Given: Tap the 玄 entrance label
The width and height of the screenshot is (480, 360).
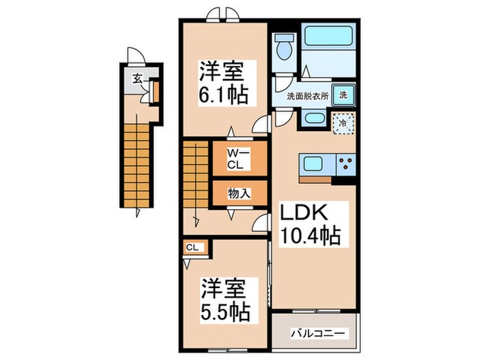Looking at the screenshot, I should click(x=137, y=79).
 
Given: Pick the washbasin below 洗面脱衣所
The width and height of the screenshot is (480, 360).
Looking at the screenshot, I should click(x=313, y=119).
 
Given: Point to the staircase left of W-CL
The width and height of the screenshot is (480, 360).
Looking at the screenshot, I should click(x=195, y=175).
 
